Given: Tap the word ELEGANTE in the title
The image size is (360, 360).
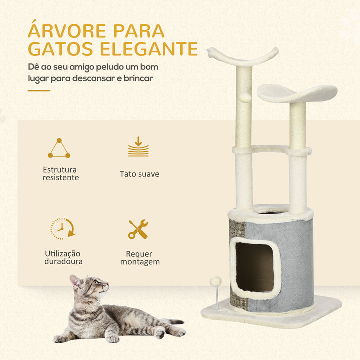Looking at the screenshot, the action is (149, 49).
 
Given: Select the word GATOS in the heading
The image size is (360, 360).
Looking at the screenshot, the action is (60, 49).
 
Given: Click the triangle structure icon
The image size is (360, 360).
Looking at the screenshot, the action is (59, 148).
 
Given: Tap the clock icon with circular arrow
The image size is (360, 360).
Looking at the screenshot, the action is (62, 229).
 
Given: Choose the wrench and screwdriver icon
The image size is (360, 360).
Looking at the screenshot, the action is (138, 229).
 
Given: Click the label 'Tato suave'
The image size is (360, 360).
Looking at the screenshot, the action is (139, 174).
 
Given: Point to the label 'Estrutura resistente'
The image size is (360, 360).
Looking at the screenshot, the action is (61, 174).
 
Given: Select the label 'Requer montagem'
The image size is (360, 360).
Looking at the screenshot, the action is (140, 258).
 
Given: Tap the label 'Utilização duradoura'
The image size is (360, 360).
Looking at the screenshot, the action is (63, 257).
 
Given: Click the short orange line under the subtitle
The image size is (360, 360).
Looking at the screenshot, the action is (39, 91).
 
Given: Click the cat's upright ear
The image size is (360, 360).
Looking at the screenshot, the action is (75, 281).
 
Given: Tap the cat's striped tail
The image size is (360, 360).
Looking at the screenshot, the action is (171, 322).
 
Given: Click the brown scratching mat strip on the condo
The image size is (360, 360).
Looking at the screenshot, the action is (237, 264).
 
